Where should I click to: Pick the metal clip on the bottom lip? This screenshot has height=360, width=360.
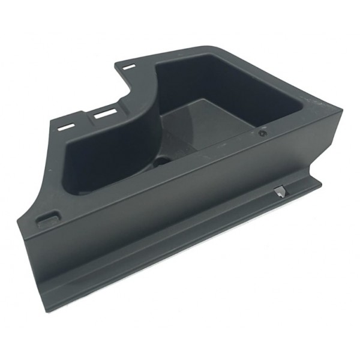(x=280, y=193)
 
